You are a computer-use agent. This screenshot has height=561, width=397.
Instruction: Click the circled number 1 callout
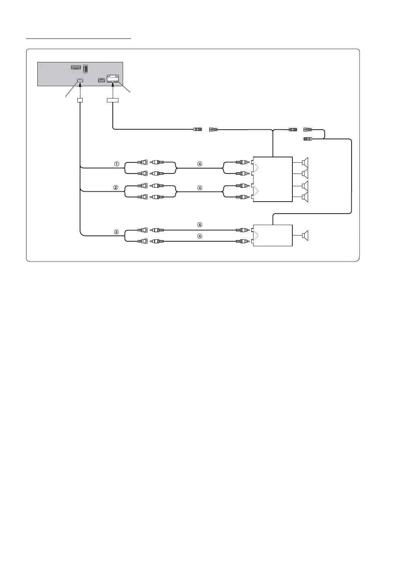pos(116,164)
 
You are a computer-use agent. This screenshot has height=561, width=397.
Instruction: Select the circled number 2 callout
pos(116,188)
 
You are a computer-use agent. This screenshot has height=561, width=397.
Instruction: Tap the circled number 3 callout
pos(116,232)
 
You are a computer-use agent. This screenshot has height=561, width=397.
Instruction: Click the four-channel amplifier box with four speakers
pos(272,179)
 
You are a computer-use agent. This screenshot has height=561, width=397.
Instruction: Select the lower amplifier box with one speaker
pos(272,235)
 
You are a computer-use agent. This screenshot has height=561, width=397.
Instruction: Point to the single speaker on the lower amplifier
pos(305,235)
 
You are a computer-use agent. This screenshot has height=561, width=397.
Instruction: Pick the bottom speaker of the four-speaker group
pos(305,197)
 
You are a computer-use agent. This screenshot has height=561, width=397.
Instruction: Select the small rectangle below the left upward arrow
pos(80,100)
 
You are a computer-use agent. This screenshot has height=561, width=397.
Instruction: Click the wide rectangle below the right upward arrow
pos(113,100)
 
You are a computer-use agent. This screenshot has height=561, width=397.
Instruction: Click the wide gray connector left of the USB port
pos(76,67)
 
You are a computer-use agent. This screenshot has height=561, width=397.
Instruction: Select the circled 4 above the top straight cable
pos(200,225)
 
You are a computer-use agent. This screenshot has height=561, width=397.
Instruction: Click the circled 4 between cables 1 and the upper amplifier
pos(200,164)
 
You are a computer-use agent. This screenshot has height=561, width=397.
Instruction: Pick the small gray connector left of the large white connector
pos(101,80)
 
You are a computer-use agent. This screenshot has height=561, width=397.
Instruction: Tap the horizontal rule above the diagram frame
pos(78,38)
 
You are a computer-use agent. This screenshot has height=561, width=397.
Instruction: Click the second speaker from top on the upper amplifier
pos(305,174)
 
